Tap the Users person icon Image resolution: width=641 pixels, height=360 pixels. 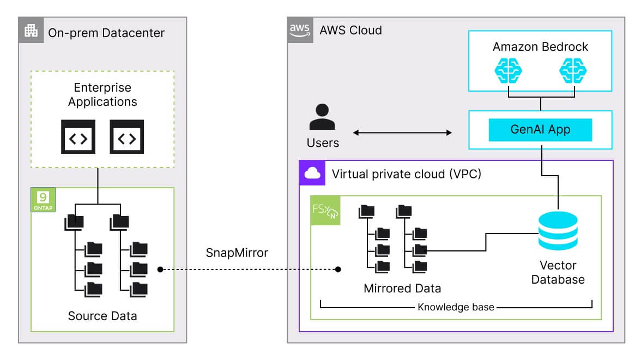click(x=323, y=117)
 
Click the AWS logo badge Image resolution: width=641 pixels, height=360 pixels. click(x=300, y=29)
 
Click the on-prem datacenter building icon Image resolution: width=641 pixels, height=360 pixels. click(x=31, y=31)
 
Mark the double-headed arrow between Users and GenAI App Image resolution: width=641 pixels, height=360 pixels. click(x=403, y=133)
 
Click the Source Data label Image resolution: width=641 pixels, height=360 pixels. click(x=102, y=316)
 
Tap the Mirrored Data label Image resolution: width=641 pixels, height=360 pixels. click(x=402, y=288)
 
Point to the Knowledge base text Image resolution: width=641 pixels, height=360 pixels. click(x=456, y=307)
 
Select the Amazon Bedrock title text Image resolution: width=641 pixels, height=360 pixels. click(x=540, y=46)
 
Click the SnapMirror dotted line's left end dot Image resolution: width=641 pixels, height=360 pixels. click(x=160, y=269)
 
